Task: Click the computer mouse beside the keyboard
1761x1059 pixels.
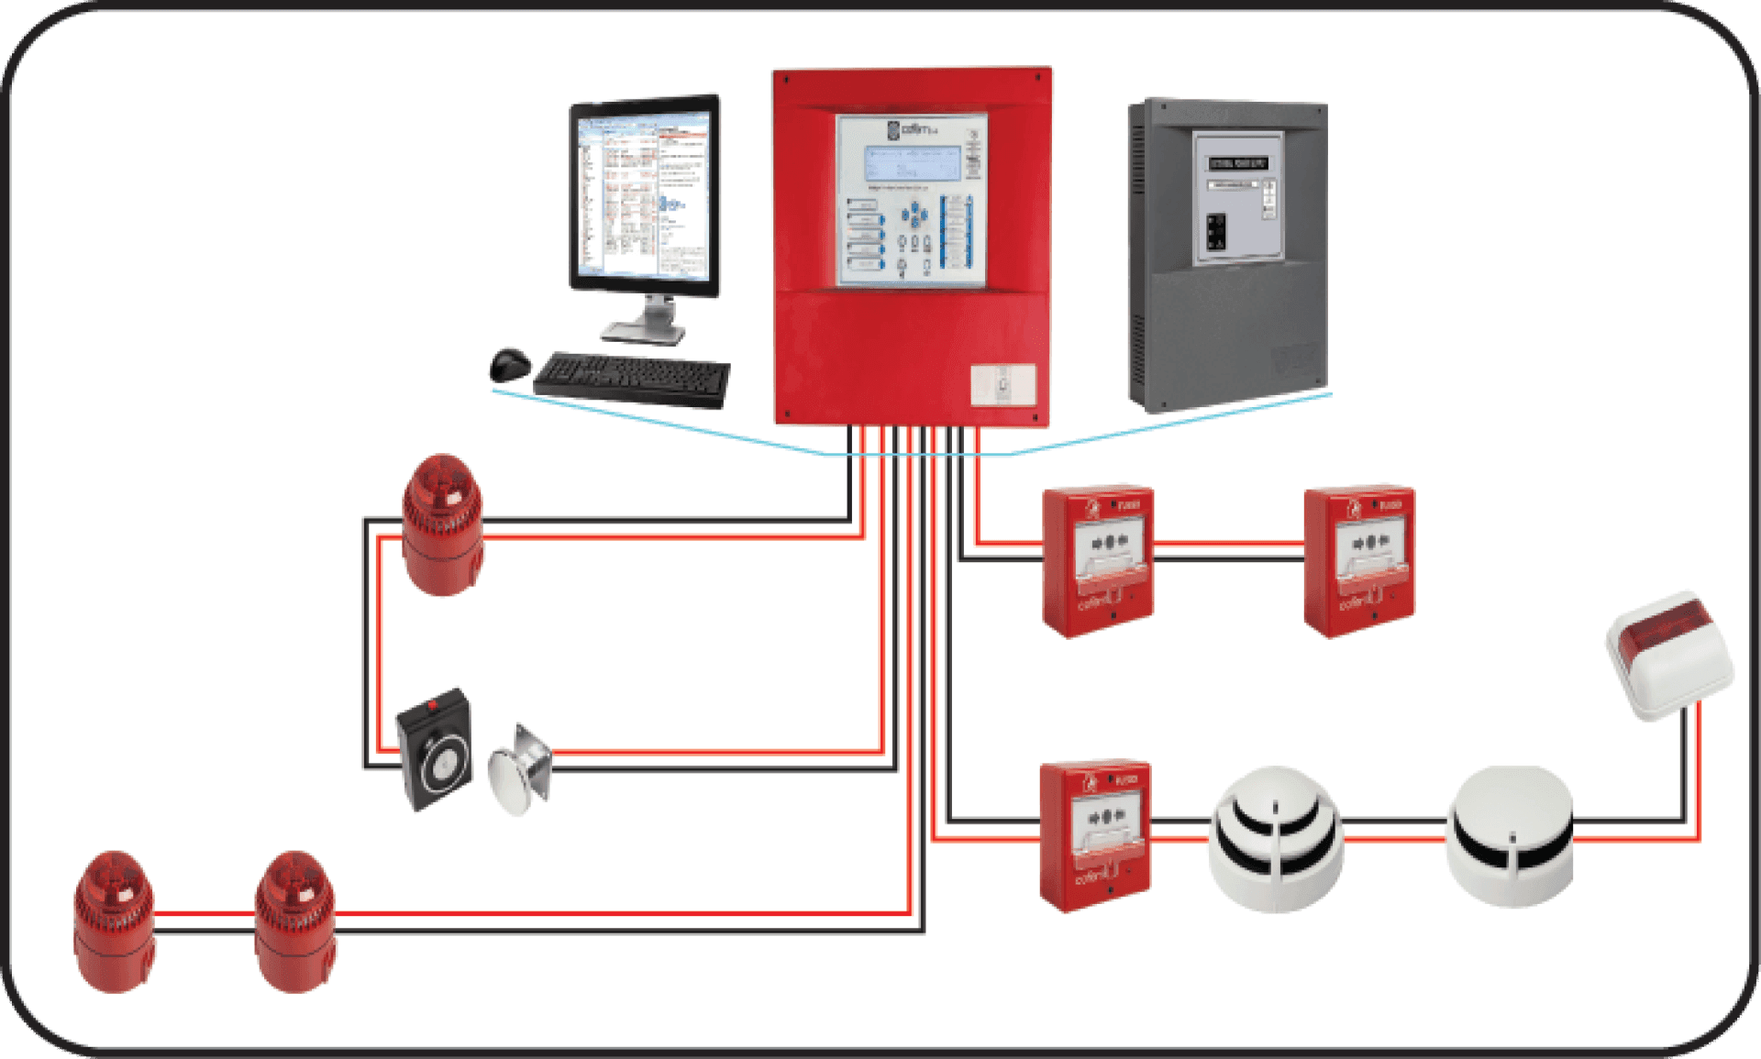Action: pos(510,364)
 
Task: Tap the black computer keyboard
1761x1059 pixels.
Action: pos(632,378)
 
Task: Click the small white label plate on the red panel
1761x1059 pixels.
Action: pos(1003,384)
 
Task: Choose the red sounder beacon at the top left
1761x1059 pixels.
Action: pos(443,524)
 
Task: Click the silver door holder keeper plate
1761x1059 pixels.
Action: pos(520,767)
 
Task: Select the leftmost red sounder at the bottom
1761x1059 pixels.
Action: pos(115,921)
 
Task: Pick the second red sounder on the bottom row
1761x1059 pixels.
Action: pos(294,921)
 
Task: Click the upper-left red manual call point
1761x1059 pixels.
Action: pos(1098,559)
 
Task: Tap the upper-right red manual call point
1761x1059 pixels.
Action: pos(1359,559)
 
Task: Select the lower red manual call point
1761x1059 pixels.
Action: pos(1095,834)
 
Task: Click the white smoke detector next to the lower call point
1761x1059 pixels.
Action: pos(1276,838)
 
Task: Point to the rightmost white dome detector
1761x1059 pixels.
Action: pos(1510,836)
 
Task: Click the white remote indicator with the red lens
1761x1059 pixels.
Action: pos(1669,655)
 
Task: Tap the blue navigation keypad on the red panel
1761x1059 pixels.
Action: pos(914,216)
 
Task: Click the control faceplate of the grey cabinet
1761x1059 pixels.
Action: pos(1236,198)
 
